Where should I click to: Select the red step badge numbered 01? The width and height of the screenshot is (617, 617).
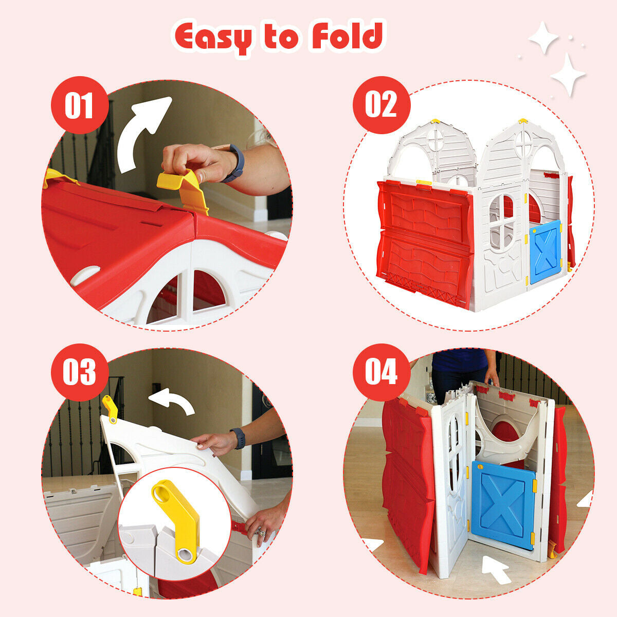(79, 105)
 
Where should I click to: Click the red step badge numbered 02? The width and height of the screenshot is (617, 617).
(381, 105)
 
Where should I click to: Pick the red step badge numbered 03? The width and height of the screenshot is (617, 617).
(79, 371)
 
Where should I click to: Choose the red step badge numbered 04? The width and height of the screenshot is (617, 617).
(381, 371)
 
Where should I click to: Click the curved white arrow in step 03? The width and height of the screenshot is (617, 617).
(172, 402)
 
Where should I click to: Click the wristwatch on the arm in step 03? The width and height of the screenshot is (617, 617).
(238, 438)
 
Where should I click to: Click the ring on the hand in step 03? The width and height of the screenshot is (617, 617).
(260, 532)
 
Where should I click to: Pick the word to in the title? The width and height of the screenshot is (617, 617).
(281, 37)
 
